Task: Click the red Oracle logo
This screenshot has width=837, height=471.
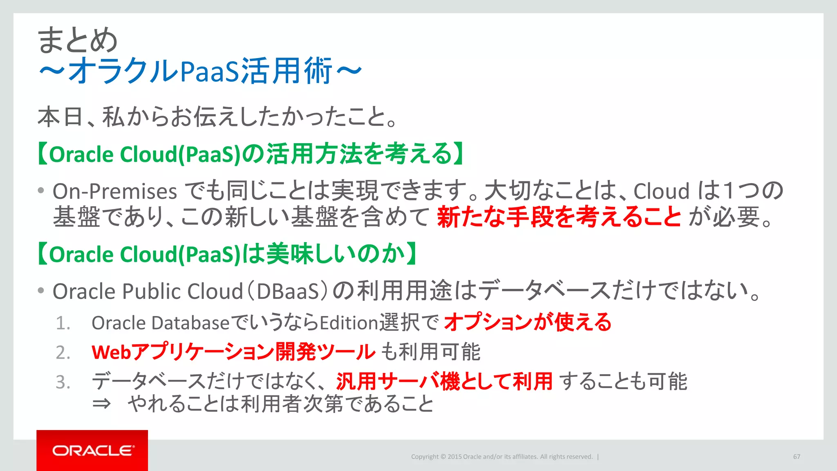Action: pos(92,450)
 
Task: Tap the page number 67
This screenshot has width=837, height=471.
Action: pos(797,457)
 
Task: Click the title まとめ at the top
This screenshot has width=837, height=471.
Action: pos(77,40)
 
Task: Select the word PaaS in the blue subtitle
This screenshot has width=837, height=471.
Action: pos(209,72)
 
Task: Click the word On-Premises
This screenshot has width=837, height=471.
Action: pos(115,191)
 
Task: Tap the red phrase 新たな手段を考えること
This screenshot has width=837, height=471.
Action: pos(559,217)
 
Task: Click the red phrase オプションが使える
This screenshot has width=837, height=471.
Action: pos(528,322)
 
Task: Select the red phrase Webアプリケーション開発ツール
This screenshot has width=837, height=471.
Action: pos(233,352)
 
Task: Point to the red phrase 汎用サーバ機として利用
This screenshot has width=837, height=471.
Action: pos(444,381)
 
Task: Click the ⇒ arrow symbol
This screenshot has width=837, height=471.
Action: pos(102,404)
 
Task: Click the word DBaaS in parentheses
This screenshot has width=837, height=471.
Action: pos(288,292)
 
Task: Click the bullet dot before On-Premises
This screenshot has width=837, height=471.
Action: pos(40,191)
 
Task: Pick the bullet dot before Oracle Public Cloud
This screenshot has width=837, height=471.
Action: pos(40,291)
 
